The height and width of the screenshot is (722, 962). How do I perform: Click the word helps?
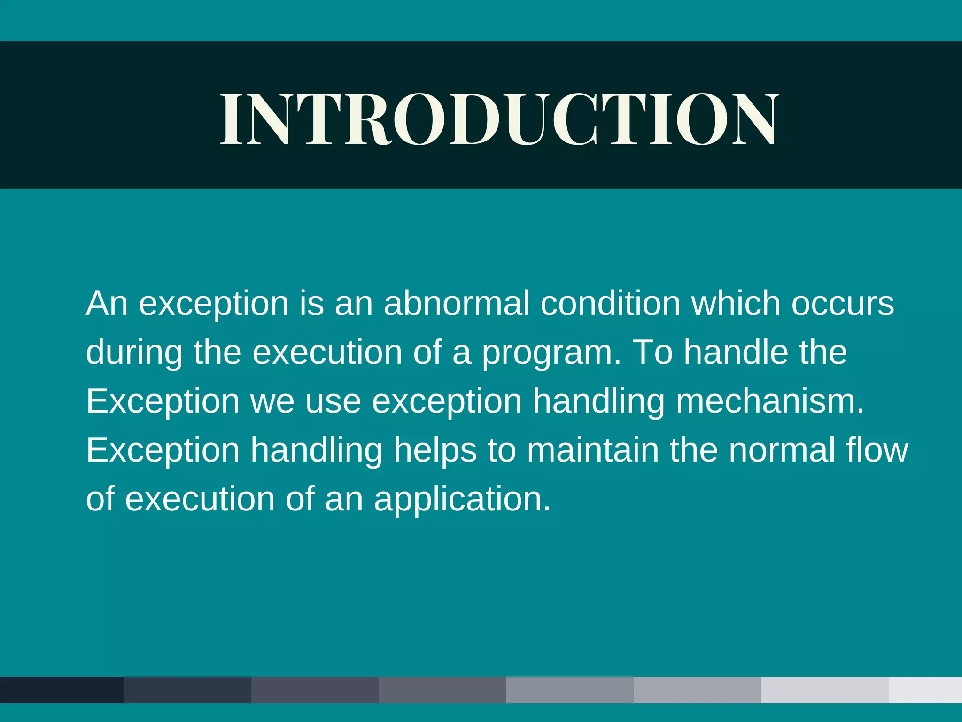(x=435, y=451)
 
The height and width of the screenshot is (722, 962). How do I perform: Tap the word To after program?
(x=652, y=353)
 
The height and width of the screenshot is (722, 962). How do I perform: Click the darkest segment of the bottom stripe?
(x=61, y=690)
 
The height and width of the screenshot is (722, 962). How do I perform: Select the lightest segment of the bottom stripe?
(x=925, y=690)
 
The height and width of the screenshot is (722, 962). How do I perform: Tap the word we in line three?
(x=272, y=402)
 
